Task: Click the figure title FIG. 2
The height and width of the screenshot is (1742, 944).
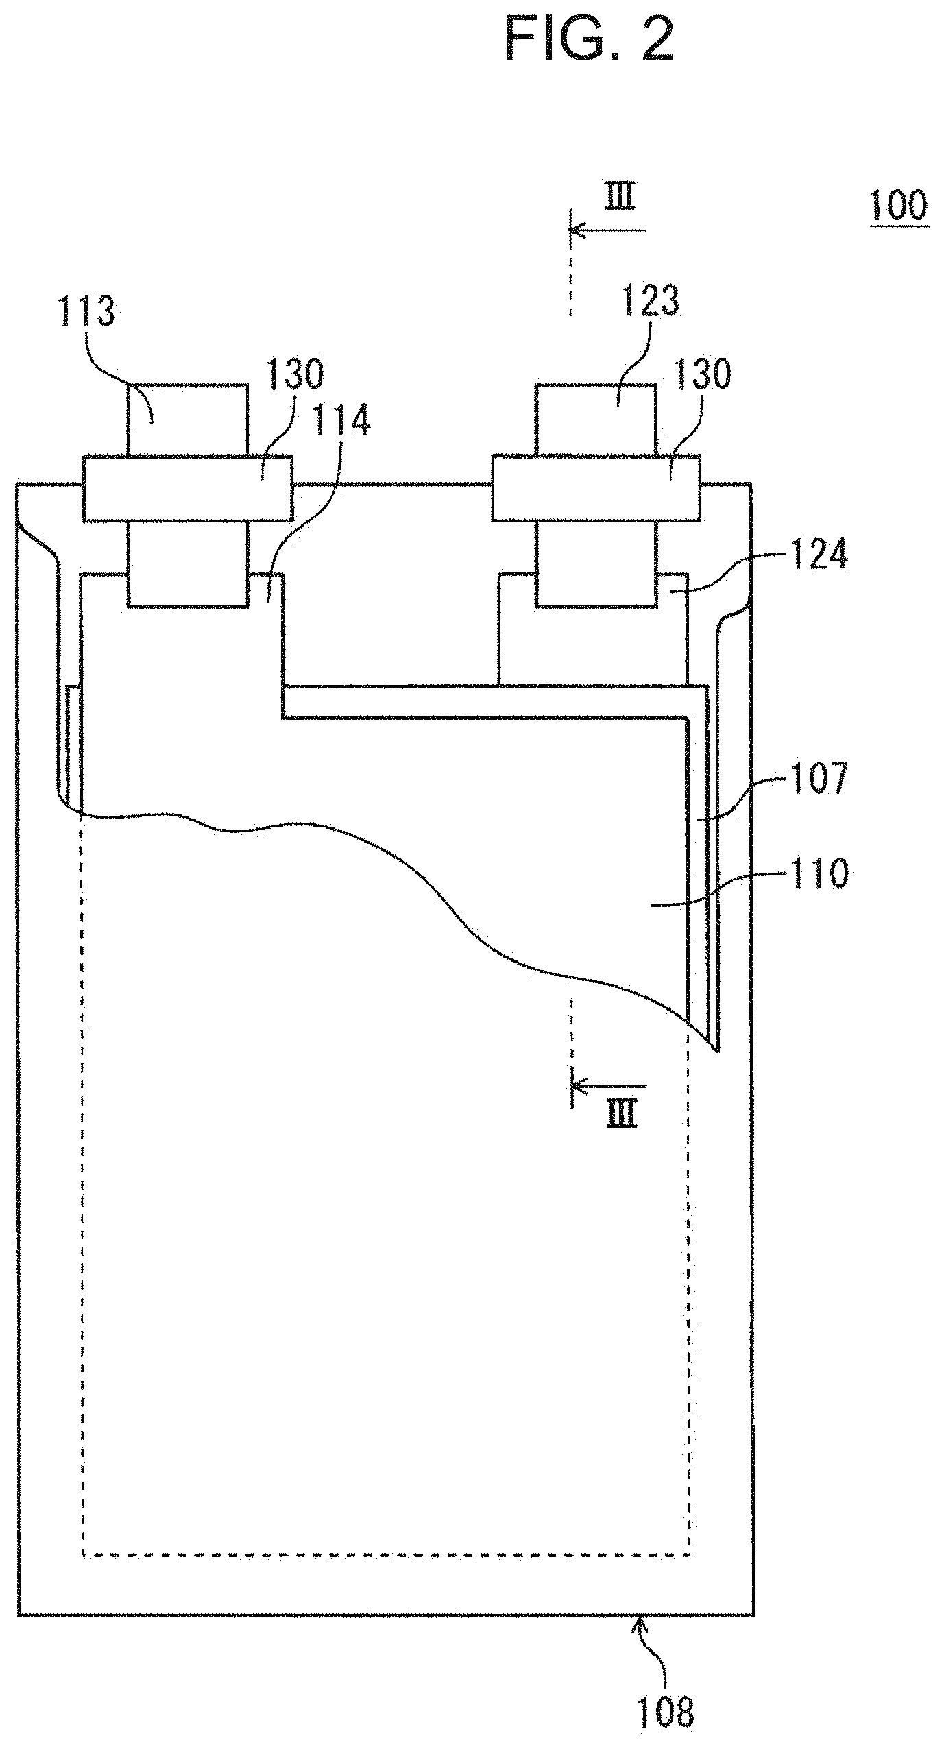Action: point(588,39)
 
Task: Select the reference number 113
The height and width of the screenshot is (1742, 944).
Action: point(86,313)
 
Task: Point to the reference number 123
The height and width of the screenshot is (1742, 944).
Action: point(649,300)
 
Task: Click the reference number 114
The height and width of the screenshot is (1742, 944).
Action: point(341,421)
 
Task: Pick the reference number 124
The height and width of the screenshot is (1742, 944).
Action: point(819,555)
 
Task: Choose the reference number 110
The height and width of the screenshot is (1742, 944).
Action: point(819,874)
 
